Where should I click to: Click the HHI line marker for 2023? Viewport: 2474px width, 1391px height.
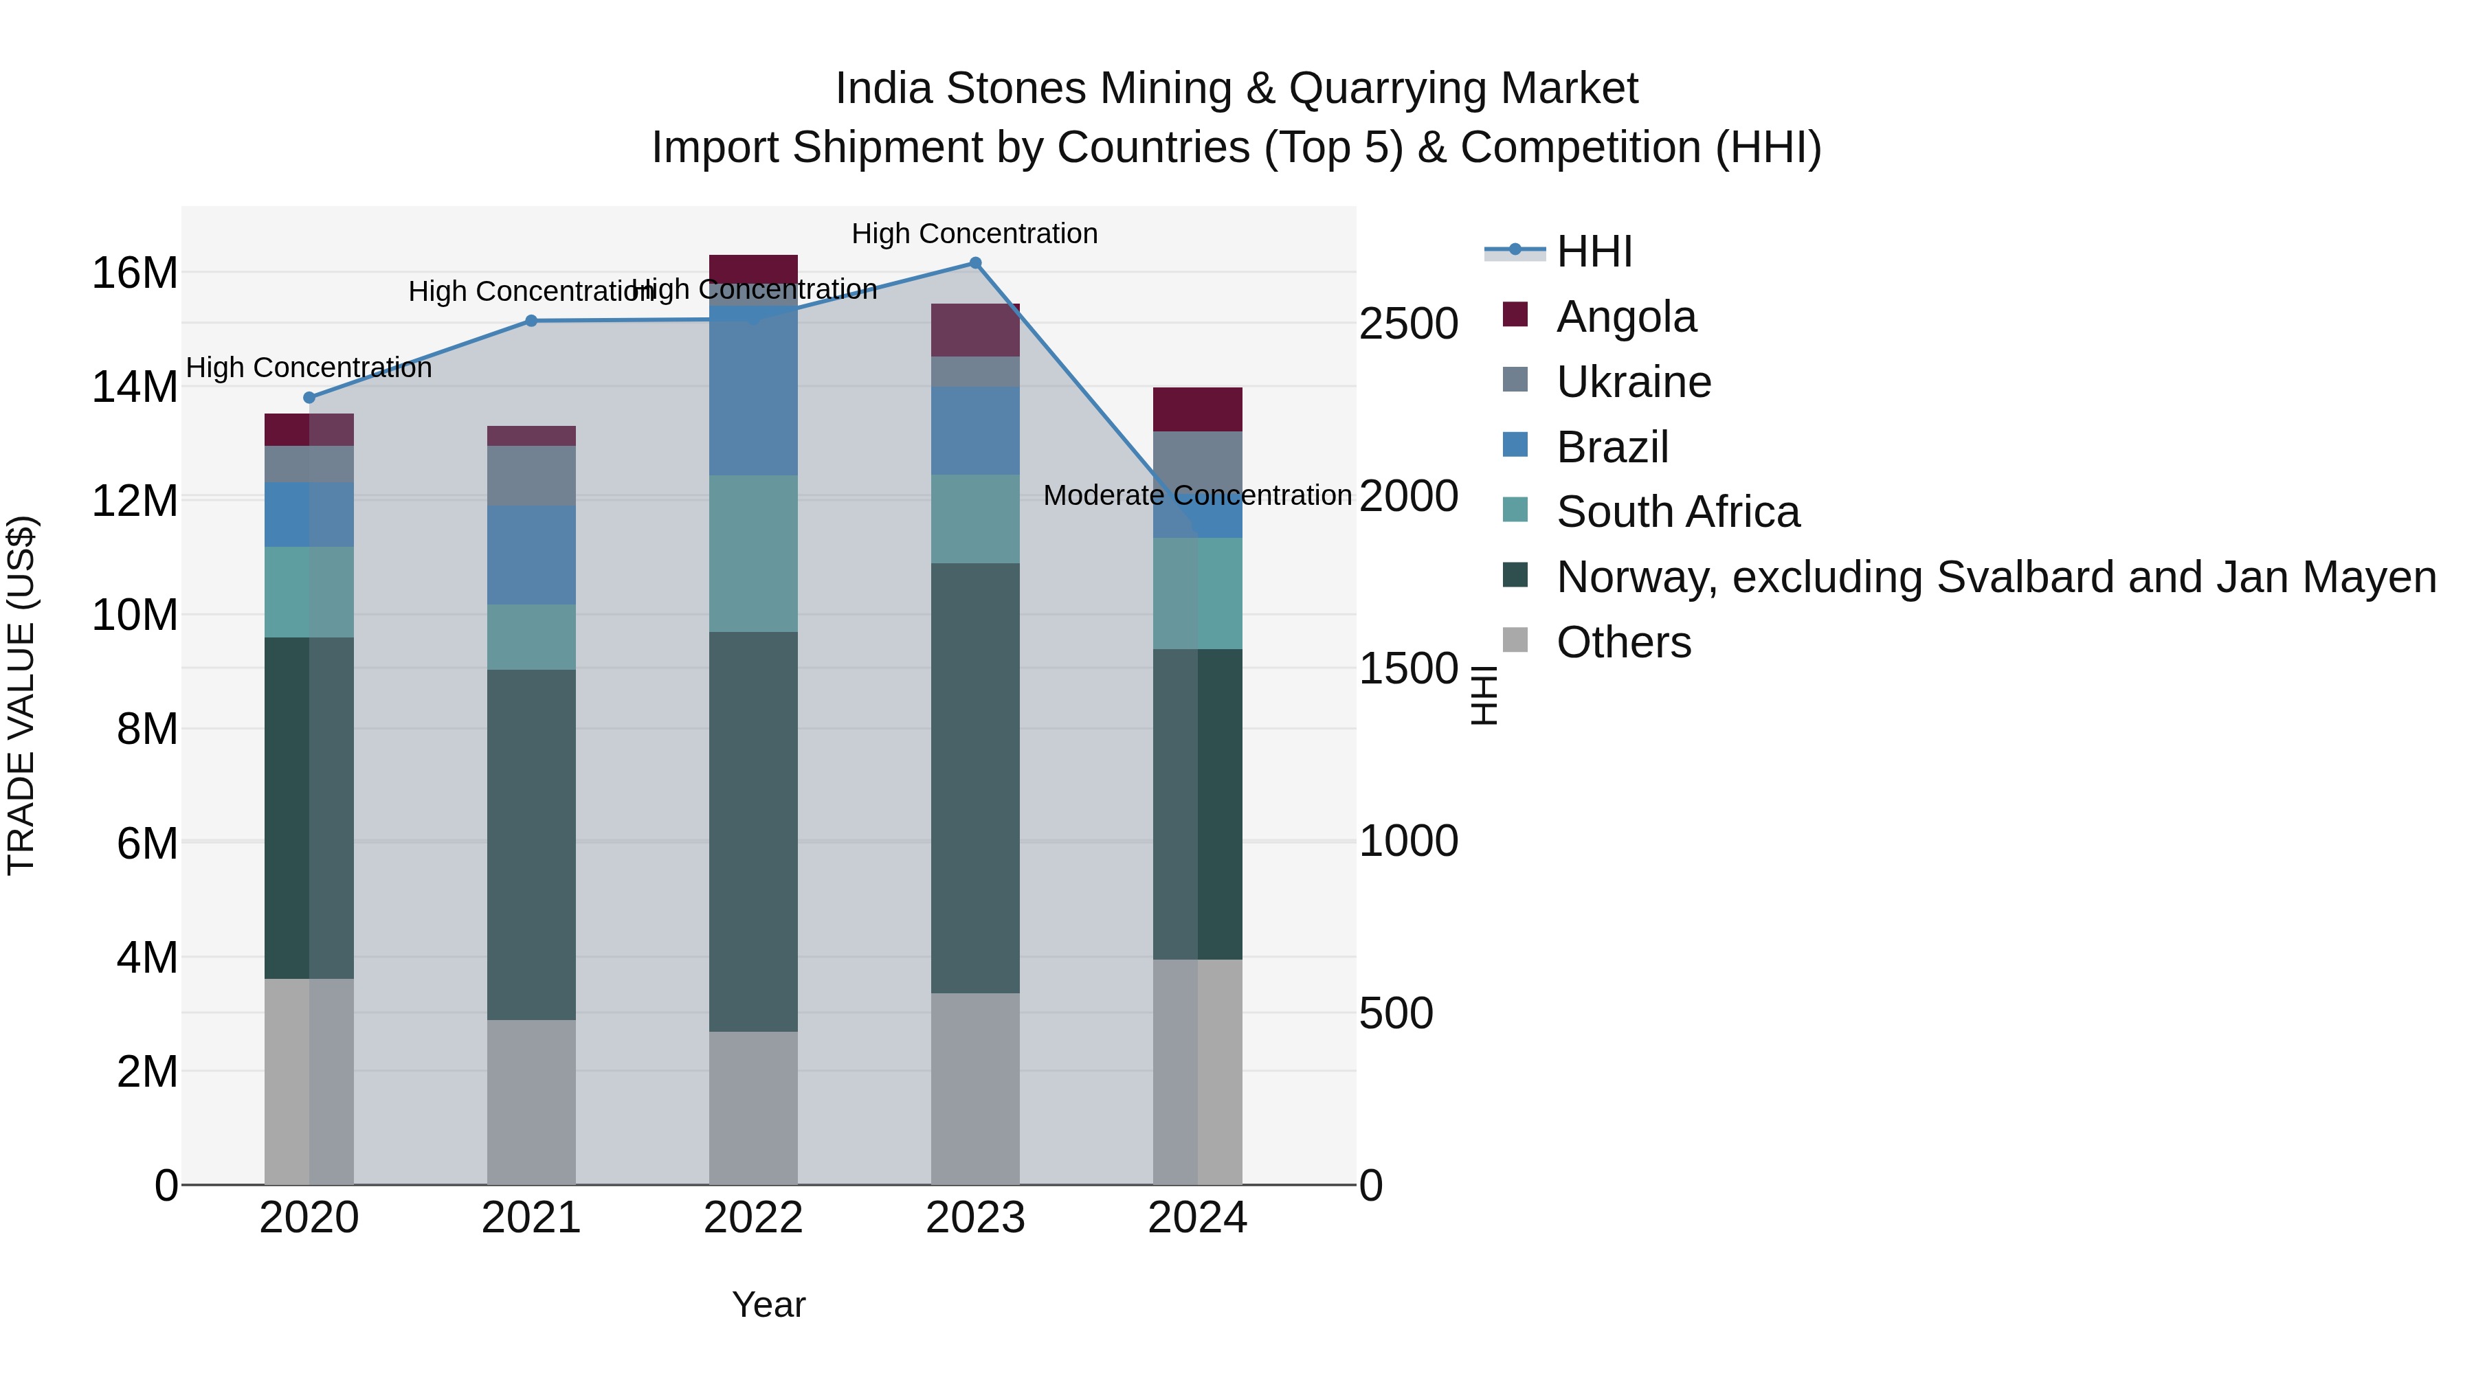pos(974,263)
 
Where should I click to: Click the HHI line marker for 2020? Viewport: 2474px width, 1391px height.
pos(309,398)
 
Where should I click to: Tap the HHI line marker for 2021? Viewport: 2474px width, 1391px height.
pos(531,321)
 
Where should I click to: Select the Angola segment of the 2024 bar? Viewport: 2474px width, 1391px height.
pos(1198,410)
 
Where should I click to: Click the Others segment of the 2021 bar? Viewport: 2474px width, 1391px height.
pos(531,1102)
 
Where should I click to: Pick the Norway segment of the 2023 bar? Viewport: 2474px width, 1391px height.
pos(974,778)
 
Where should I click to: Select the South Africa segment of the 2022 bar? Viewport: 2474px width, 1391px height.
pos(753,554)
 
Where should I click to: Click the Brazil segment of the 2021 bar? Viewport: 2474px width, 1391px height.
pos(531,555)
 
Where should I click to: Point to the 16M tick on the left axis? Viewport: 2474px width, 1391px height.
pos(135,273)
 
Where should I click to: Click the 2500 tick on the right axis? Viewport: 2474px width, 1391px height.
pos(1409,324)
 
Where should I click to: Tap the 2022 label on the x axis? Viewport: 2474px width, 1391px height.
pos(753,1218)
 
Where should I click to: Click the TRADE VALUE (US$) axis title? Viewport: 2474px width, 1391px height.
pos(21,695)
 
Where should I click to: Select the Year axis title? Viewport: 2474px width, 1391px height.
pos(768,1304)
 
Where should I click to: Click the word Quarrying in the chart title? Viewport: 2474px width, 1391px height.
pos(1373,89)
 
